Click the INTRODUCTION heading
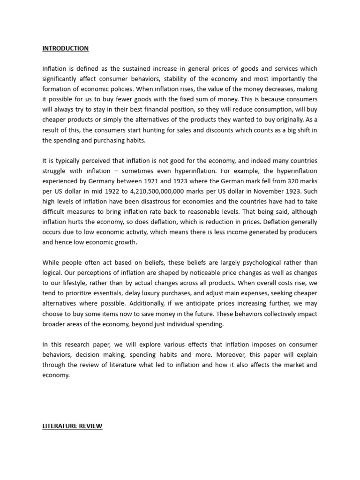point(65,48)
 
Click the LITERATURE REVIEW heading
point(72,426)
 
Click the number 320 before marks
point(284,181)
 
